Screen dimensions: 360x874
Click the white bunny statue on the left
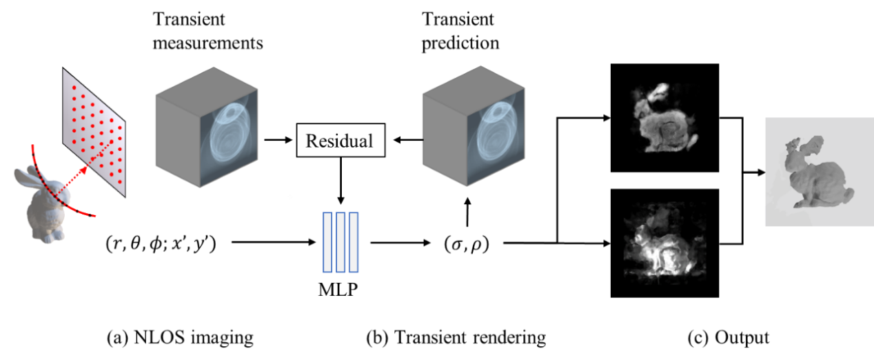tap(43, 207)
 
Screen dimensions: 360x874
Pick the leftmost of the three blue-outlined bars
tap(328, 242)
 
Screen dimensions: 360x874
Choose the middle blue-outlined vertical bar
tap(341, 242)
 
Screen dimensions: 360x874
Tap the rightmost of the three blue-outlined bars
tap(353, 242)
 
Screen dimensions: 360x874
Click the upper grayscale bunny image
tap(662, 121)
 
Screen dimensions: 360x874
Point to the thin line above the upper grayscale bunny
tap(664, 64)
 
